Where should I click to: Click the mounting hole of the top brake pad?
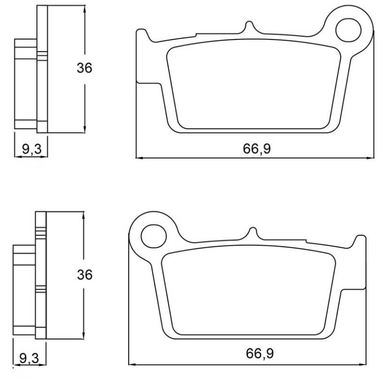pos(348,30)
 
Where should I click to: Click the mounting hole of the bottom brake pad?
pos(154,236)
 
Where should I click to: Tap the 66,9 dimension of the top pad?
pos(257,149)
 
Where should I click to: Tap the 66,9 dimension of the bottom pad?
pos(260,353)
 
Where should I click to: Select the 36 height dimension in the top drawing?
pos(84,68)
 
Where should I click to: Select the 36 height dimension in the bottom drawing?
pos(84,275)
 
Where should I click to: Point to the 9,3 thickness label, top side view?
pos(32,149)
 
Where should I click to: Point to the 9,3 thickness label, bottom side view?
pos(29,358)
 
